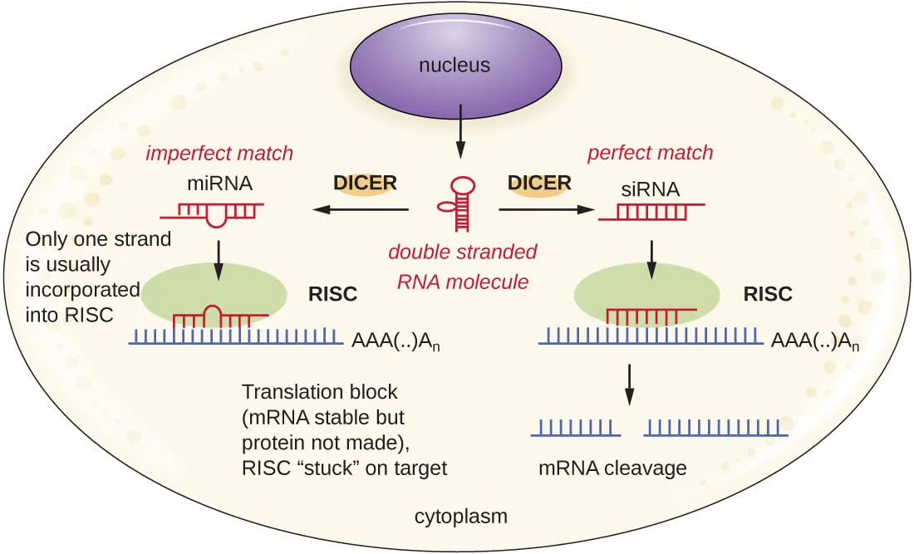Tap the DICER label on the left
(x=365, y=183)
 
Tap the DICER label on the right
(x=539, y=183)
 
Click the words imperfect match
(x=219, y=153)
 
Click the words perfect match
(x=650, y=153)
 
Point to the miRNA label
(x=220, y=183)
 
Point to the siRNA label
(x=650, y=189)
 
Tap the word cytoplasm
(x=460, y=517)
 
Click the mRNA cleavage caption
(x=612, y=468)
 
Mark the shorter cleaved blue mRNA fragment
(x=576, y=428)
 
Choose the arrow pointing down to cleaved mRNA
(x=629, y=384)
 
